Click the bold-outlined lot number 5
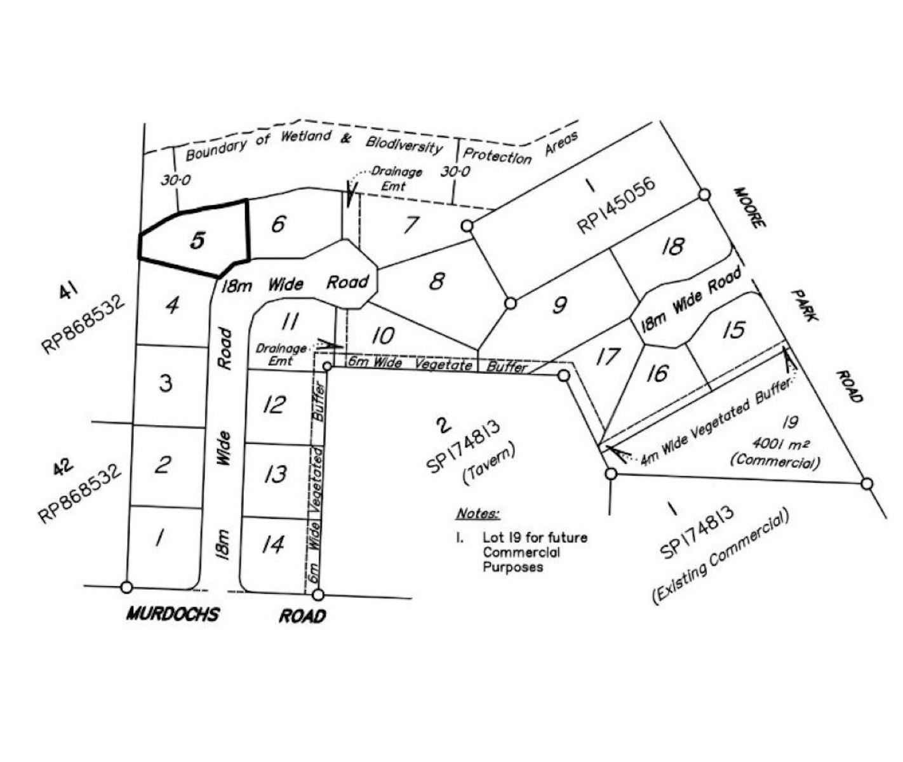pos(197,241)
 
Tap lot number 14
pos(273,544)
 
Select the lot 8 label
pos(437,281)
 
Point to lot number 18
pos(673,246)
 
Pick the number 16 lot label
pos(658,373)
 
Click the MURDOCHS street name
pos(173,614)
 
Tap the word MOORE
pos(750,208)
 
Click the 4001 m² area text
pos(781,444)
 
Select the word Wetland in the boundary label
pos(306,137)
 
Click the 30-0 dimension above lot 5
pos(175,180)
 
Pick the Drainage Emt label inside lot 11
pos(281,354)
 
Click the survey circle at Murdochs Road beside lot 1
pos(126,587)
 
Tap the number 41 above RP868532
pos(69,290)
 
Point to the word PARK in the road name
pos(805,305)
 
